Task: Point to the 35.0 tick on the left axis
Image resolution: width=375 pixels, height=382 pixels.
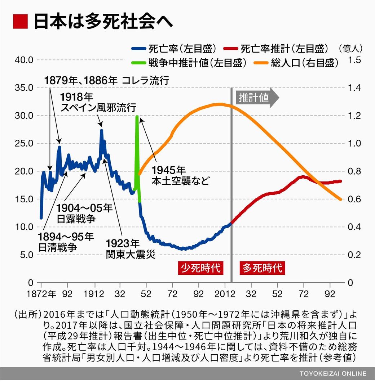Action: [25, 88]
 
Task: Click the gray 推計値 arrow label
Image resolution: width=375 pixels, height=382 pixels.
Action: [257, 97]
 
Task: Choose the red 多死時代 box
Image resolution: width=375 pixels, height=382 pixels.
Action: [262, 268]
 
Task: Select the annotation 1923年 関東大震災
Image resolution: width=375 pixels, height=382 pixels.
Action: [131, 248]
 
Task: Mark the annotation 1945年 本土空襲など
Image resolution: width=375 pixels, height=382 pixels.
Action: [180, 175]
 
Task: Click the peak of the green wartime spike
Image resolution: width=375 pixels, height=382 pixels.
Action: [137, 117]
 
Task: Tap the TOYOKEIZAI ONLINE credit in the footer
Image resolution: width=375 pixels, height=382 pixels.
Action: [332, 373]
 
